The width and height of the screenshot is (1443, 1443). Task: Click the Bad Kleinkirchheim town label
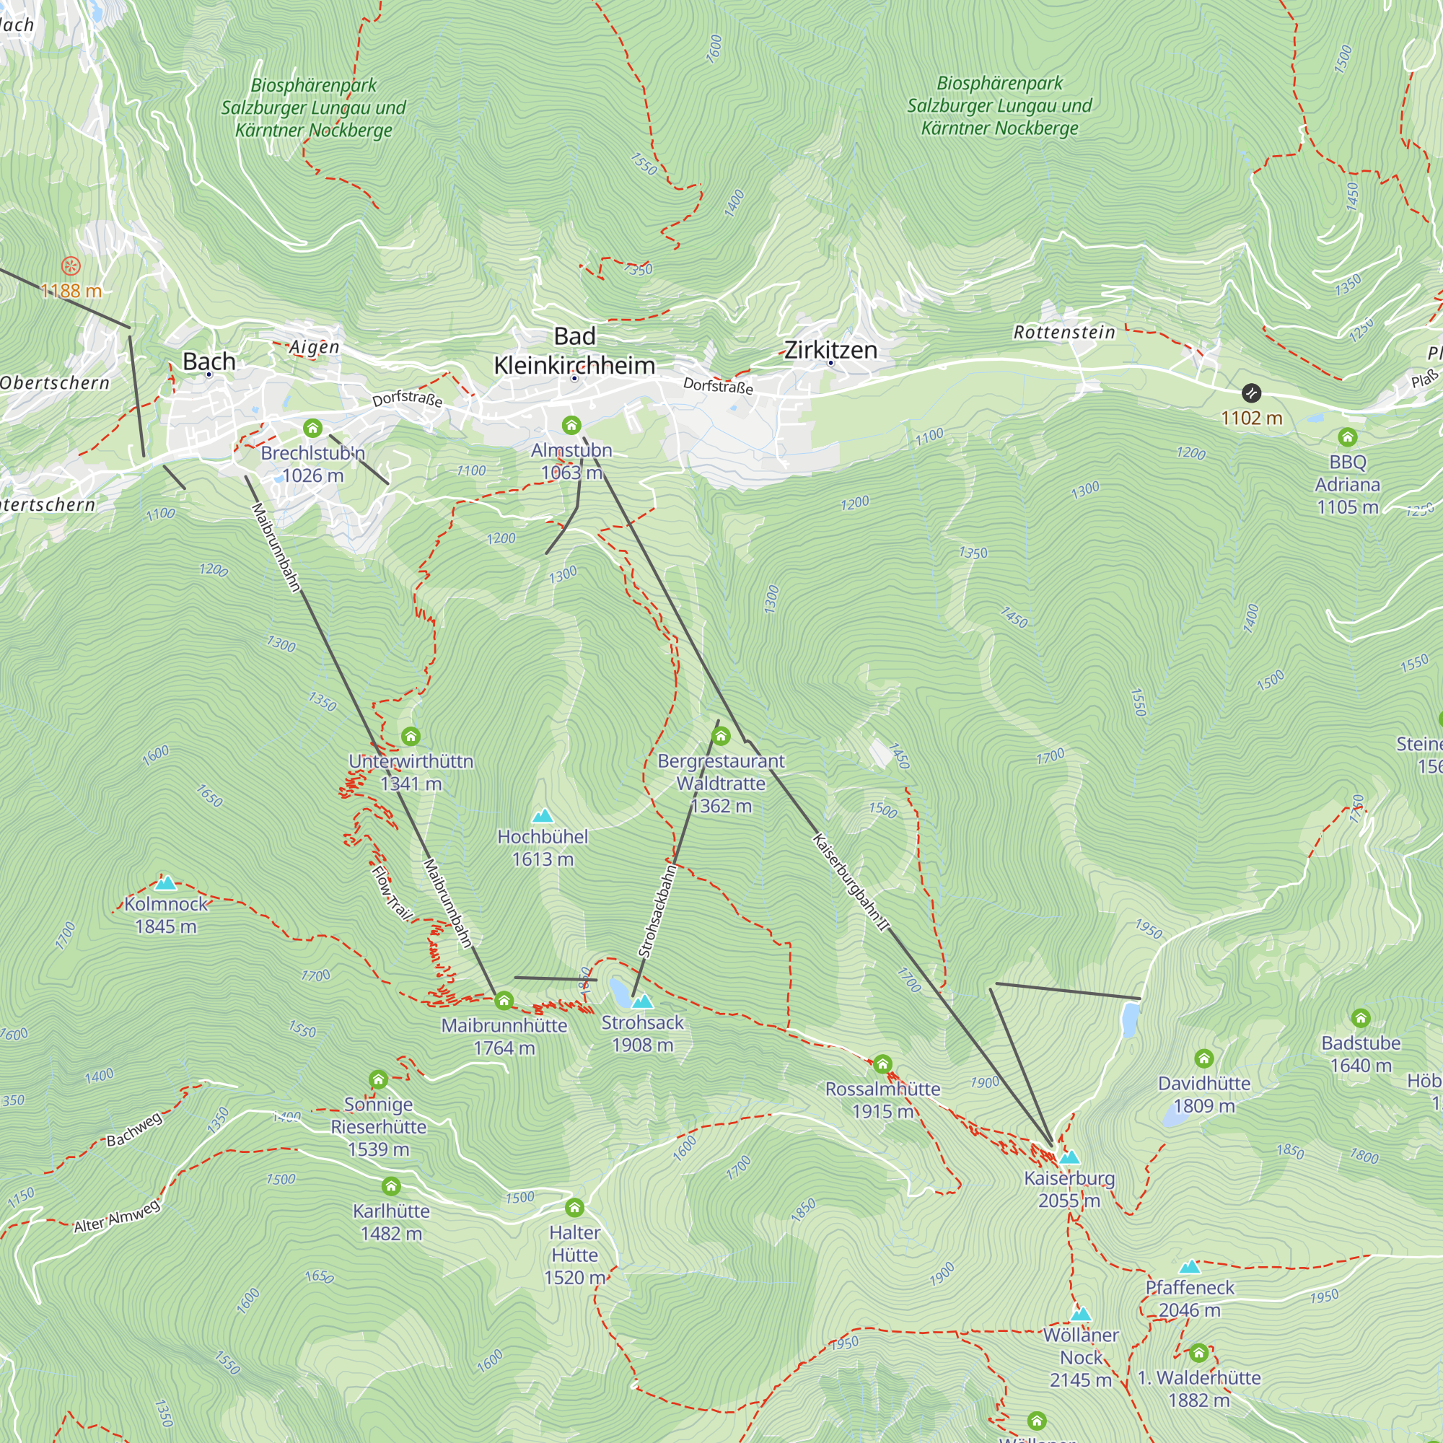pos(574,351)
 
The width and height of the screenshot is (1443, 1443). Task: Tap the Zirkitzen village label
pos(830,349)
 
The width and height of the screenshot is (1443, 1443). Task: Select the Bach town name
pos(209,361)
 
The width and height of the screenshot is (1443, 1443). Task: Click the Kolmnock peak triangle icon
pos(165,883)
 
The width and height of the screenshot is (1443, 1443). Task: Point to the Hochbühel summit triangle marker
pos(543,815)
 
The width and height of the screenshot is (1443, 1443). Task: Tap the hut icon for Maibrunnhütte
pos(504,1000)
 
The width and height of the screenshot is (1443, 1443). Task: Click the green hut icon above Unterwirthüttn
pos(411,737)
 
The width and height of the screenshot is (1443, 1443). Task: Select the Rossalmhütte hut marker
pos(882,1063)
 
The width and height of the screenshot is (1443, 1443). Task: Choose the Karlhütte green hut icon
pos(390,1186)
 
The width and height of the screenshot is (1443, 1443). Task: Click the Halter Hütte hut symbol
pos(574,1208)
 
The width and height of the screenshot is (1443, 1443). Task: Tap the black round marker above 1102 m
pos(1251,393)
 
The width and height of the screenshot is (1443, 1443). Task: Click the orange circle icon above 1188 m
pos(70,265)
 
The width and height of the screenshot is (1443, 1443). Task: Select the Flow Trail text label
pos(392,892)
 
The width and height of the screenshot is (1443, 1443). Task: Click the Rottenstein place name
pos(1063,333)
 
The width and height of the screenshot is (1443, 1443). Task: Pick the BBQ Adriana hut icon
pos(1347,437)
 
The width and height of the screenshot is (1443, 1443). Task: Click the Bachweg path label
pos(133,1129)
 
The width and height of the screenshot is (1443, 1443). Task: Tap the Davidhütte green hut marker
pos(1203,1058)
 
